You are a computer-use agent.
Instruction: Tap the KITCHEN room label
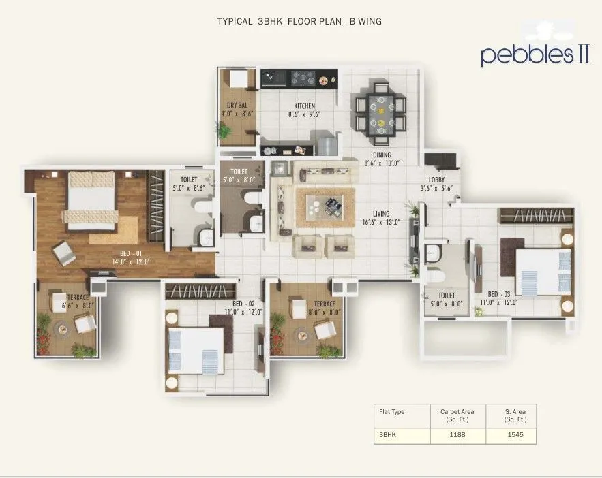pos(304,106)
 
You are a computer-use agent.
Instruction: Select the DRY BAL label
pos(237,106)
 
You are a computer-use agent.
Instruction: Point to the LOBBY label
pos(436,179)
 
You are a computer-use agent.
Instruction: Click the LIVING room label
pos(381,214)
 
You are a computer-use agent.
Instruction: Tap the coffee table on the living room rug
pos(325,206)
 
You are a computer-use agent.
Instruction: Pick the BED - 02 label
pos(243,303)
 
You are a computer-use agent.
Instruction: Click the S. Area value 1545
pos(515,434)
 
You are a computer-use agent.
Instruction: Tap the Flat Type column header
pos(392,411)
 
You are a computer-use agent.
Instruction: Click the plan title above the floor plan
pos(299,21)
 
